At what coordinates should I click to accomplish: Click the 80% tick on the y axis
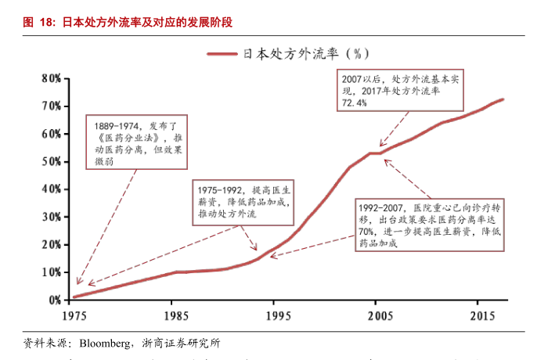click(50, 78)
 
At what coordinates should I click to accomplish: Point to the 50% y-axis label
click(50, 161)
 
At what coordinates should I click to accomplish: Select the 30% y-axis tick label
click(50, 217)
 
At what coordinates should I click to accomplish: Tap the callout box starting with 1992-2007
click(426, 225)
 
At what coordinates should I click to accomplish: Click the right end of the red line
click(503, 99)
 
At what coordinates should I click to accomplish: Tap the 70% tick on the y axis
click(50, 106)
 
